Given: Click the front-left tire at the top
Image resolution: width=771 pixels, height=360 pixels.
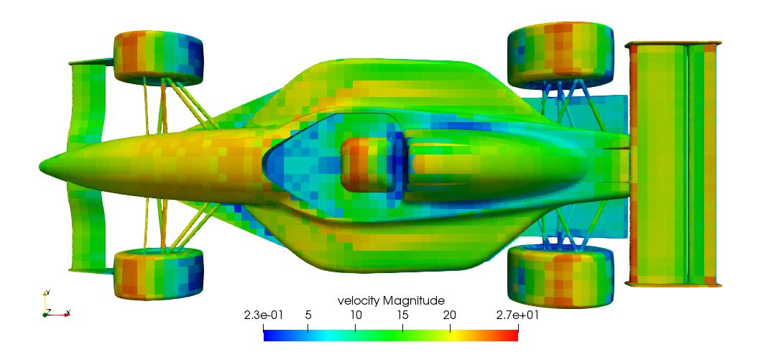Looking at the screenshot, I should click(158, 55).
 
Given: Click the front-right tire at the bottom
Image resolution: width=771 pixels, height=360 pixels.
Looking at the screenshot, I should click(158, 273).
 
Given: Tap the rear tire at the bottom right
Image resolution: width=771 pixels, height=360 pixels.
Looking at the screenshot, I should click(560, 277).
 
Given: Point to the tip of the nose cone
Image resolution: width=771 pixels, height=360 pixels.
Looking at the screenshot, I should click(42, 167).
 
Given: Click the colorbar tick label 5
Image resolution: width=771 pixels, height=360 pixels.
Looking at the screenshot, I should click(308, 315).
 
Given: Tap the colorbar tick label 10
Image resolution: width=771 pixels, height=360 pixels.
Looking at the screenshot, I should click(355, 315).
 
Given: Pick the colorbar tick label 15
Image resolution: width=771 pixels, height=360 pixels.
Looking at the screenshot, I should click(402, 315).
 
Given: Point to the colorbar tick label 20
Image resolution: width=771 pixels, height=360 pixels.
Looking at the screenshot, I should click(450, 315).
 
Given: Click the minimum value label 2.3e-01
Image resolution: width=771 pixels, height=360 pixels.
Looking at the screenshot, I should click(264, 315).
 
